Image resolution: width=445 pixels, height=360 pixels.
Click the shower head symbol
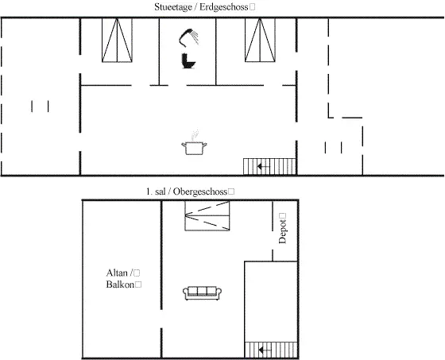pos(188,37)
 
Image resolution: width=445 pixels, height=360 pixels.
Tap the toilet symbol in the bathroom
pos(188,61)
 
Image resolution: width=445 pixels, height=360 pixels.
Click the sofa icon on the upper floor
pos(202,293)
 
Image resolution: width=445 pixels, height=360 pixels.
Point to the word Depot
pos(282,231)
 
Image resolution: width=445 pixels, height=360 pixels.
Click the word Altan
pos(117,273)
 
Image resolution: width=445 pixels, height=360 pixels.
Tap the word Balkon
pos(120,285)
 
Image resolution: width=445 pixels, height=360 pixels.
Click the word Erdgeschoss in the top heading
pos(223,7)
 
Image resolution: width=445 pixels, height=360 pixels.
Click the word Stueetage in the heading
pos(173,7)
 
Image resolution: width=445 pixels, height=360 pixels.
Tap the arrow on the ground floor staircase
pos(263,167)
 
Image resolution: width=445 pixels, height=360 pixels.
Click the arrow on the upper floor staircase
pos(265,350)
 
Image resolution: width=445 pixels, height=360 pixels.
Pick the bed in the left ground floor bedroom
pos(117,40)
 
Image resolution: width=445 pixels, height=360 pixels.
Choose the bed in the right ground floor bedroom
pos(260,40)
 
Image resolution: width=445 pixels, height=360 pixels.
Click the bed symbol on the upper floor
pos(207,216)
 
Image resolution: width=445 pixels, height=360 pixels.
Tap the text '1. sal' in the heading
pos(156,192)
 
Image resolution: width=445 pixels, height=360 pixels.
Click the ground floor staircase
pos(269,167)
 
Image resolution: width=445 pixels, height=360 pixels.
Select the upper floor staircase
pos(271,350)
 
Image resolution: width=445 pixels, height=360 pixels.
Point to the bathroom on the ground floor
pos(188,51)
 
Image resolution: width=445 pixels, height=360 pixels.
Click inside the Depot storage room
pos(284,231)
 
